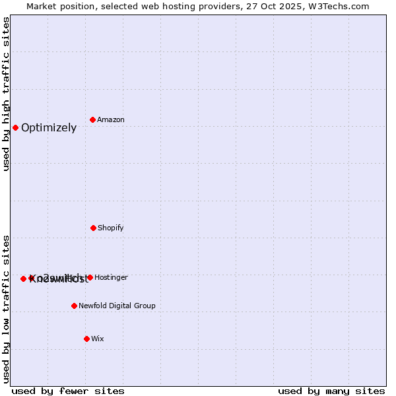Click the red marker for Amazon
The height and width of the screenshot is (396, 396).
click(92, 119)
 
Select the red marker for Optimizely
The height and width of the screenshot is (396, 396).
click(15, 127)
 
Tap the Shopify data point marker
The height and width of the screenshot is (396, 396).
click(93, 228)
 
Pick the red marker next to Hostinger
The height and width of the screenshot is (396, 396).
click(90, 277)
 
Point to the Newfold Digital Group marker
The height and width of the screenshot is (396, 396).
click(74, 306)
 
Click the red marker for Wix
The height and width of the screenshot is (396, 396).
click(86, 339)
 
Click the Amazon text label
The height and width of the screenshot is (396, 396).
click(111, 120)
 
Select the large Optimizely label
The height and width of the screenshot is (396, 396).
click(49, 128)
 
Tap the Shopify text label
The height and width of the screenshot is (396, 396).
click(111, 228)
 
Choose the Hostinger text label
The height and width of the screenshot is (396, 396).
click(111, 278)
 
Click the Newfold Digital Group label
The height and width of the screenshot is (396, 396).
click(117, 306)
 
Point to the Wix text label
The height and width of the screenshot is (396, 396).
click(98, 339)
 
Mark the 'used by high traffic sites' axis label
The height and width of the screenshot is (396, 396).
click(6, 94)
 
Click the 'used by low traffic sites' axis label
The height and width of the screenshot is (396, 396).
click(6, 308)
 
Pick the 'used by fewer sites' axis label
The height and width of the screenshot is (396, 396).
click(68, 391)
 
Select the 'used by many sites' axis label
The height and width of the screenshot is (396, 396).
click(331, 391)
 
